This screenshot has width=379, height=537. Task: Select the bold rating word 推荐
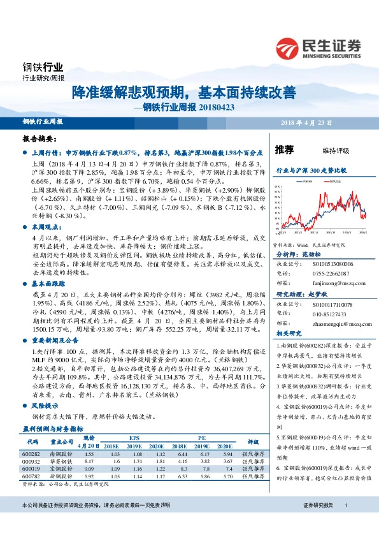[x=284, y=151]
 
